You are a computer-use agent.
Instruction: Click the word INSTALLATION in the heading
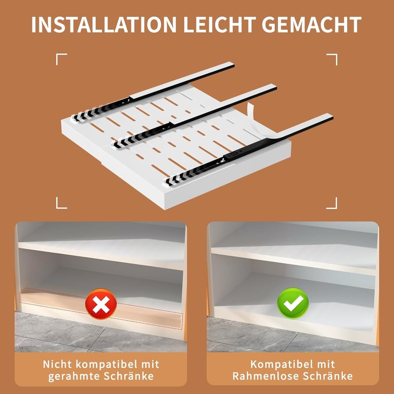click(x=104, y=25)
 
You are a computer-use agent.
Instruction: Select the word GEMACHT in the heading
click(x=312, y=25)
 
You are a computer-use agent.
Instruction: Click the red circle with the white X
click(x=101, y=304)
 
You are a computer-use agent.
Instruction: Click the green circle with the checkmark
click(x=293, y=303)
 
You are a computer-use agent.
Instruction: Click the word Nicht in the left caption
click(x=58, y=364)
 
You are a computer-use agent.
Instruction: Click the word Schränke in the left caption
click(x=129, y=376)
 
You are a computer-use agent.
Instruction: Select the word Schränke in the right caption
click(x=328, y=376)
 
